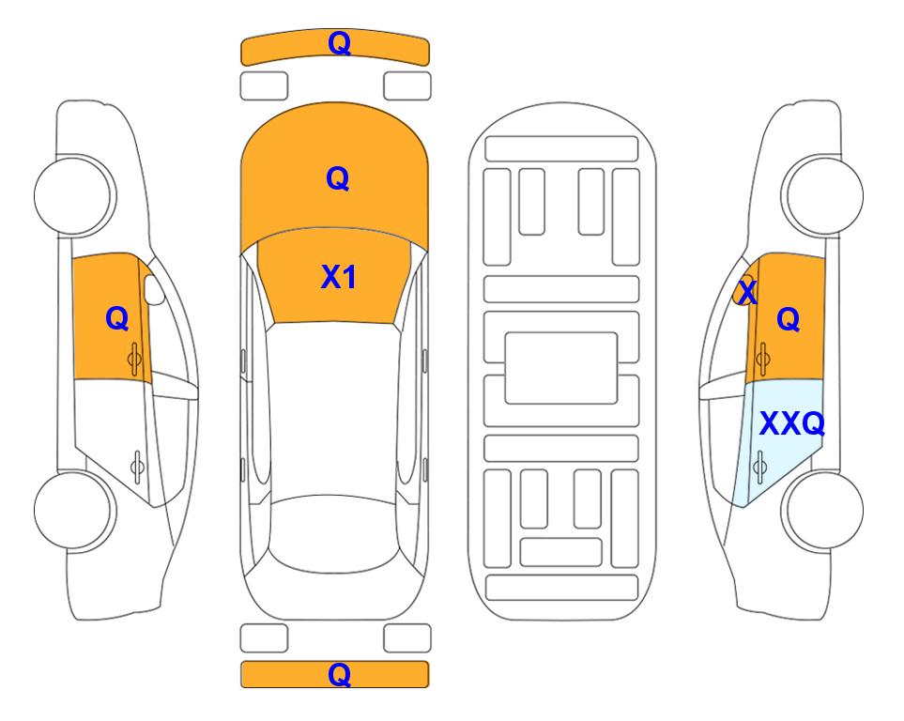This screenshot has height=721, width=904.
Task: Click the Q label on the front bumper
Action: pos(339,43)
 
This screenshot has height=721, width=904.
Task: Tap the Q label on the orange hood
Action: pos(338,178)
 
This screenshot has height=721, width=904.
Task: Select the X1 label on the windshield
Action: pos(339,277)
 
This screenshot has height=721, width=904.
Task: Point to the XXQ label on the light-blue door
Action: pos(792,424)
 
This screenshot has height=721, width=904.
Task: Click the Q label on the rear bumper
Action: pos(339,674)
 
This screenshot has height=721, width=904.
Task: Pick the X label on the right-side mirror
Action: pos(747,292)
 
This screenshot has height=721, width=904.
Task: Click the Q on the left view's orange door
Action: pos(117,318)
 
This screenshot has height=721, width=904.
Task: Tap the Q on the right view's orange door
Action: pos(789,319)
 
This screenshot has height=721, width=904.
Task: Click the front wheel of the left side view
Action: pos(75,195)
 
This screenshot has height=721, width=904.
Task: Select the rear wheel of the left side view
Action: pos(75,510)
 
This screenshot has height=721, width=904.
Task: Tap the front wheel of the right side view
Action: pos(822,195)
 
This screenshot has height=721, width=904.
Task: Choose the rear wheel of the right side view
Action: pos(822,510)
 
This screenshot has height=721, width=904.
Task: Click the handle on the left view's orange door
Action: pos(134,359)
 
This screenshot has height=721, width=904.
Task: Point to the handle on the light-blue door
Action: pos(759,467)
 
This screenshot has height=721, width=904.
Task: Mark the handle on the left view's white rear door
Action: pos(137,467)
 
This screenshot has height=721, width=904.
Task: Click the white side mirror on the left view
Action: pos(154,289)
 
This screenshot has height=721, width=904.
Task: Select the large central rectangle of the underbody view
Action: pos(561,368)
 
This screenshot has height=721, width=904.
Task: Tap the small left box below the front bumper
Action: pos(264,86)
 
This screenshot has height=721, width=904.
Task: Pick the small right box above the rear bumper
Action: pos(407,638)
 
